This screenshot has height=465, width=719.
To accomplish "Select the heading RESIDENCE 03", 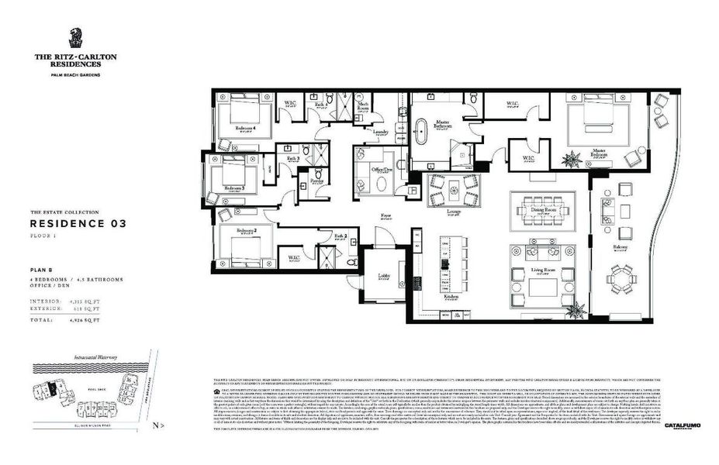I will click(x=78, y=223).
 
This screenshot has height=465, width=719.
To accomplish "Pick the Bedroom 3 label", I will click(x=234, y=188).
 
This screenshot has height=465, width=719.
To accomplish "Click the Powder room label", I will click(x=316, y=180).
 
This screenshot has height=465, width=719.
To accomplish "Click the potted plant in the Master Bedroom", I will click(x=572, y=160).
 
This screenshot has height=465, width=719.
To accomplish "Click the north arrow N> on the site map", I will click(x=158, y=425).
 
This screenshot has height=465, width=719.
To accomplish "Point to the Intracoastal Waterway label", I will click(x=85, y=357).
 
